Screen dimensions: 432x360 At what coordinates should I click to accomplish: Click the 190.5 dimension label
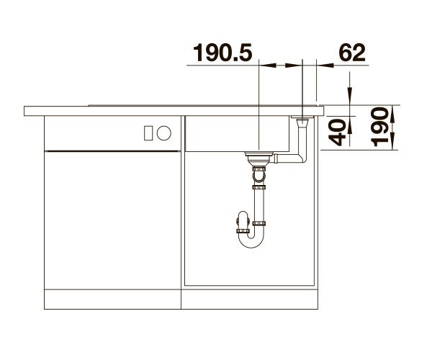[222, 53]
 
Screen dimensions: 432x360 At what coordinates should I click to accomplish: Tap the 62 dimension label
[352, 53]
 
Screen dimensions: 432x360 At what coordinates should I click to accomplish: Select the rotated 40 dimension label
[337, 132]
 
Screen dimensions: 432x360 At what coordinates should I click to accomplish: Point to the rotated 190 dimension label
[379, 127]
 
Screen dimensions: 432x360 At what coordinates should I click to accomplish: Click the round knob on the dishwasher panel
[164, 133]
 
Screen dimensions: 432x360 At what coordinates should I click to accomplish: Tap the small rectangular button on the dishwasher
[148, 133]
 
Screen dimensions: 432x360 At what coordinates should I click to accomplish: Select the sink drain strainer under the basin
[259, 156]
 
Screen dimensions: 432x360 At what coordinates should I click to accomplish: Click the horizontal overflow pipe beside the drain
[288, 158]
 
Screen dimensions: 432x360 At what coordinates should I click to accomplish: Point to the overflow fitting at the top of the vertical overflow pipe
[302, 121]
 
